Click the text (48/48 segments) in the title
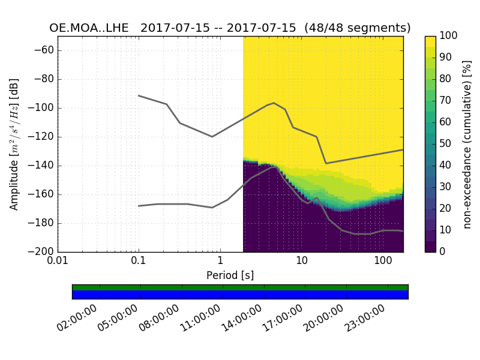(x=358, y=28)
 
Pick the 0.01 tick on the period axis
(x=58, y=262)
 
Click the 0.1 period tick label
(x=139, y=262)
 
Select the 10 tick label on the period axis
(x=301, y=262)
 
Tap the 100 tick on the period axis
(x=382, y=262)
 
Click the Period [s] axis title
(x=230, y=275)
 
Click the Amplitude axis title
(x=14, y=144)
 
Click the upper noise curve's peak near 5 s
(x=274, y=103)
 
